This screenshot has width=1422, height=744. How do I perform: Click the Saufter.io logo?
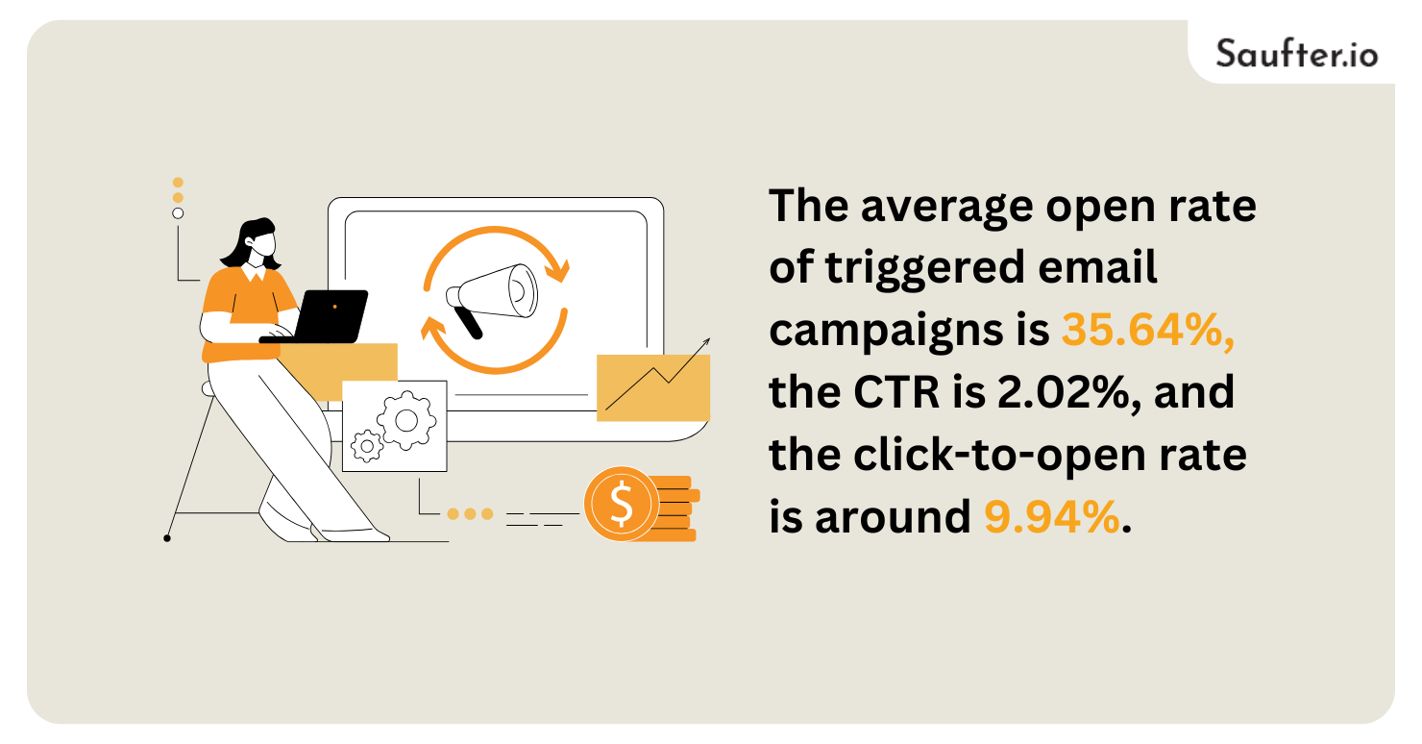[1296, 52]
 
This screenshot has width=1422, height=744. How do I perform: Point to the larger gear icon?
[405, 419]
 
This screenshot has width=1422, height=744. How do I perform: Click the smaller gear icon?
[366, 446]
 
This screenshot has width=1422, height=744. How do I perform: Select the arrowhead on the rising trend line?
[706, 341]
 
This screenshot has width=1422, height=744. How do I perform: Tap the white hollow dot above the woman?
[178, 213]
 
